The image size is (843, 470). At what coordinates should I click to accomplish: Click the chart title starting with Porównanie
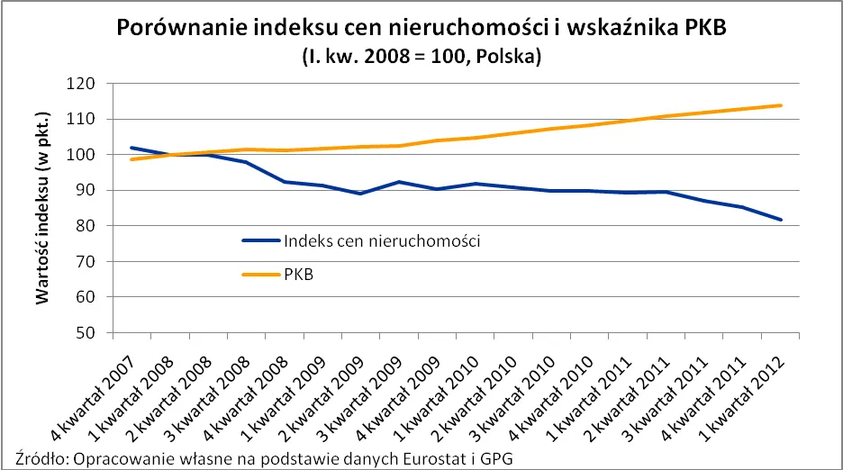click(421, 28)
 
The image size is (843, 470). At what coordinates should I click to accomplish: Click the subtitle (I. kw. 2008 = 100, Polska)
click(421, 56)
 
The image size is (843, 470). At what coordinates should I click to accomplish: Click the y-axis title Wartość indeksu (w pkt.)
click(42, 207)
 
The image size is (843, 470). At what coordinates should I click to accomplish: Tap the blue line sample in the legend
click(261, 240)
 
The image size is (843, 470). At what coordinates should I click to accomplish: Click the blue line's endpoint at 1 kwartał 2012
click(780, 220)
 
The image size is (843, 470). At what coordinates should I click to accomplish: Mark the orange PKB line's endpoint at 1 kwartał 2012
click(780, 105)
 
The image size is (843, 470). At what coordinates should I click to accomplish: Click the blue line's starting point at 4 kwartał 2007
click(107, 148)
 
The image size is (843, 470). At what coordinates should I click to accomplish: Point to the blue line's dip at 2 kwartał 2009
click(360, 194)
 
